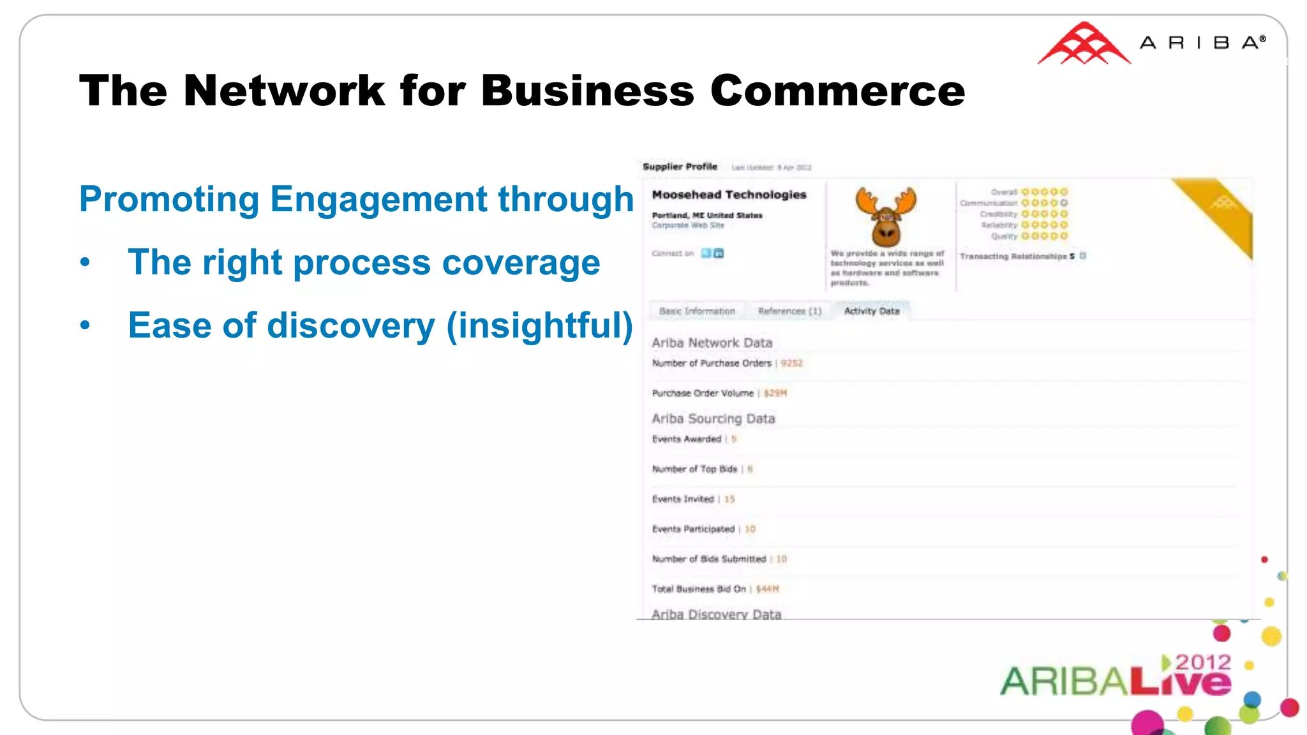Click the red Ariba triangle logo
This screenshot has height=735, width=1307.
1084,45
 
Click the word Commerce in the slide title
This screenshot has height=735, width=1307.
837,91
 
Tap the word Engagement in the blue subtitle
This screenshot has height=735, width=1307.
379,199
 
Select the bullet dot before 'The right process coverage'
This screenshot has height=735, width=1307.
85,263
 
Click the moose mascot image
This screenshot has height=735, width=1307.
886,217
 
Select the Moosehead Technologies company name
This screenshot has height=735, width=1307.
729,195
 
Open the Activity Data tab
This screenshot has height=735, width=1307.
871,311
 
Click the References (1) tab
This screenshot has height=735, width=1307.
789,311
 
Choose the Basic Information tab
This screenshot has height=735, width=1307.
697,311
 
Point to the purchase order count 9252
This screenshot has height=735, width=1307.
791,363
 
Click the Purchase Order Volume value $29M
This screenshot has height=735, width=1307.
775,393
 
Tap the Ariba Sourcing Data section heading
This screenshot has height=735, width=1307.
713,419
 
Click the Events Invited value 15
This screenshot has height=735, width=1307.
729,499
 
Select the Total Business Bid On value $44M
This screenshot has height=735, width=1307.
767,589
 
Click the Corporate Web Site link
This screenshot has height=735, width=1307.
687,225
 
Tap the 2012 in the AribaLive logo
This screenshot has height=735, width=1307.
1202,662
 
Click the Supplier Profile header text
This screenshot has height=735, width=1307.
680,167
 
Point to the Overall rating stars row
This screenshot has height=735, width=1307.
1043,191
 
